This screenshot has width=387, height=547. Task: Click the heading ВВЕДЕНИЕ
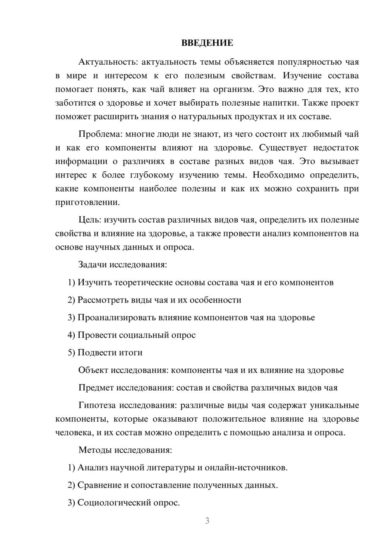(207, 43)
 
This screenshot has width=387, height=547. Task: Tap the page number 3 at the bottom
(207, 521)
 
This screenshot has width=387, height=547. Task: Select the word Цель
(89, 220)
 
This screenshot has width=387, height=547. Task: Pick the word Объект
(93, 370)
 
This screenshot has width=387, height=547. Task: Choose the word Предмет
(96, 388)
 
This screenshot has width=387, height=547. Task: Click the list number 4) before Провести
(71, 335)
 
